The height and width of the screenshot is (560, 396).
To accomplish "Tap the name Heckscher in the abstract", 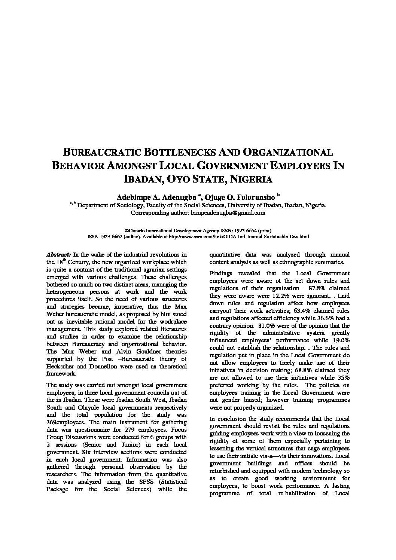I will point(60,366).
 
